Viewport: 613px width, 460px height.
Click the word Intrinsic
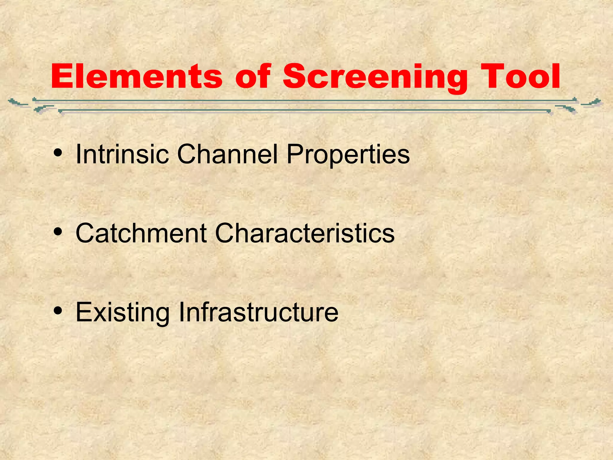122,154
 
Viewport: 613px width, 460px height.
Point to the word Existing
122,313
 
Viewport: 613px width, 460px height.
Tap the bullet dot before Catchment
58,232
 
